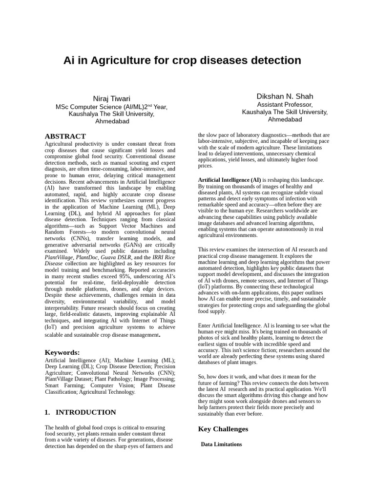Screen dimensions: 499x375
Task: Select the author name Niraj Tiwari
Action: pyautogui.click(x=111, y=98)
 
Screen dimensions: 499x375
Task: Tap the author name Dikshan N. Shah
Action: pyautogui.click(x=285, y=96)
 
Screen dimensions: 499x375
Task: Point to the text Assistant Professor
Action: pyautogui.click(x=285, y=105)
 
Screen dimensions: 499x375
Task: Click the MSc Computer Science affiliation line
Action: pyautogui.click(x=111, y=107)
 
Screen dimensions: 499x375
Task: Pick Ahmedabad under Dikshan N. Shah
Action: pyautogui.click(x=285, y=119)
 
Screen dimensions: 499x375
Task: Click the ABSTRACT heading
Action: pyautogui.click(x=65, y=136)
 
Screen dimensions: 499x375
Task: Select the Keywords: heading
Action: pyautogui.click(x=62, y=352)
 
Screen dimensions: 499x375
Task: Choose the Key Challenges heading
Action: pyautogui.click(x=223, y=429)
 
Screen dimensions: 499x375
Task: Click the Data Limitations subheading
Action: pyautogui.click(x=221, y=444)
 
